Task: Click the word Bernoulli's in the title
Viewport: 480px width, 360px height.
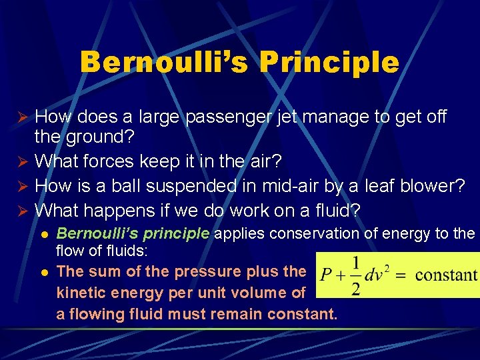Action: pyautogui.click(x=163, y=63)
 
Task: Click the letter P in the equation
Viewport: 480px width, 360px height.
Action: pyautogui.click(x=326, y=274)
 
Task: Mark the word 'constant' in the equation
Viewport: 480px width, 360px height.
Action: pyautogui.click(x=447, y=275)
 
